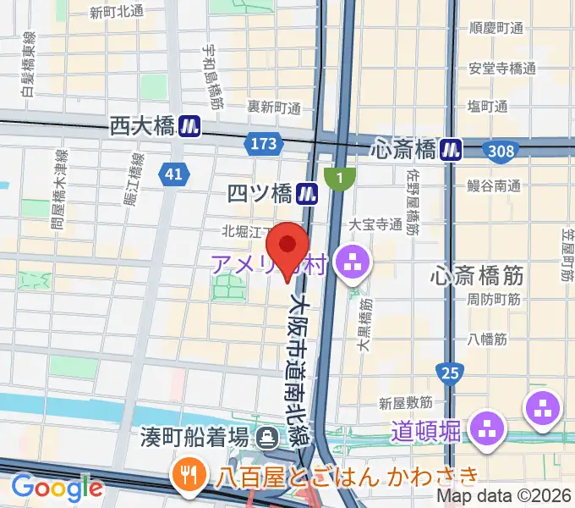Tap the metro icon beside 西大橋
pyautogui.click(x=189, y=127)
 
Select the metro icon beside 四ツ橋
pyautogui.click(x=306, y=195)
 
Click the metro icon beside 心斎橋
pyautogui.click(x=452, y=150)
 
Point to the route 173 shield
pyautogui.click(x=264, y=144)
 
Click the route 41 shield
pyautogui.click(x=172, y=174)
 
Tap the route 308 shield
pyautogui.click(x=501, y=151)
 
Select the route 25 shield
pyautogui.click(x=450, y=372)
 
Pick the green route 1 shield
pyautogui.click(x=340, y=178)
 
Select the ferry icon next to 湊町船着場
pyautogui.click(x=268, y=437)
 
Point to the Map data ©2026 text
pyautogui.click(x=503, y=497)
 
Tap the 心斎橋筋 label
pyautogui.click(x=477, y=274)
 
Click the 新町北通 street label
pyautogui.click(x=116, y=12)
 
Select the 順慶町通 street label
pyautogui.click(x=496, y=27)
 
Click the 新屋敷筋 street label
pyautogui.click(x=406, y=402)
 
